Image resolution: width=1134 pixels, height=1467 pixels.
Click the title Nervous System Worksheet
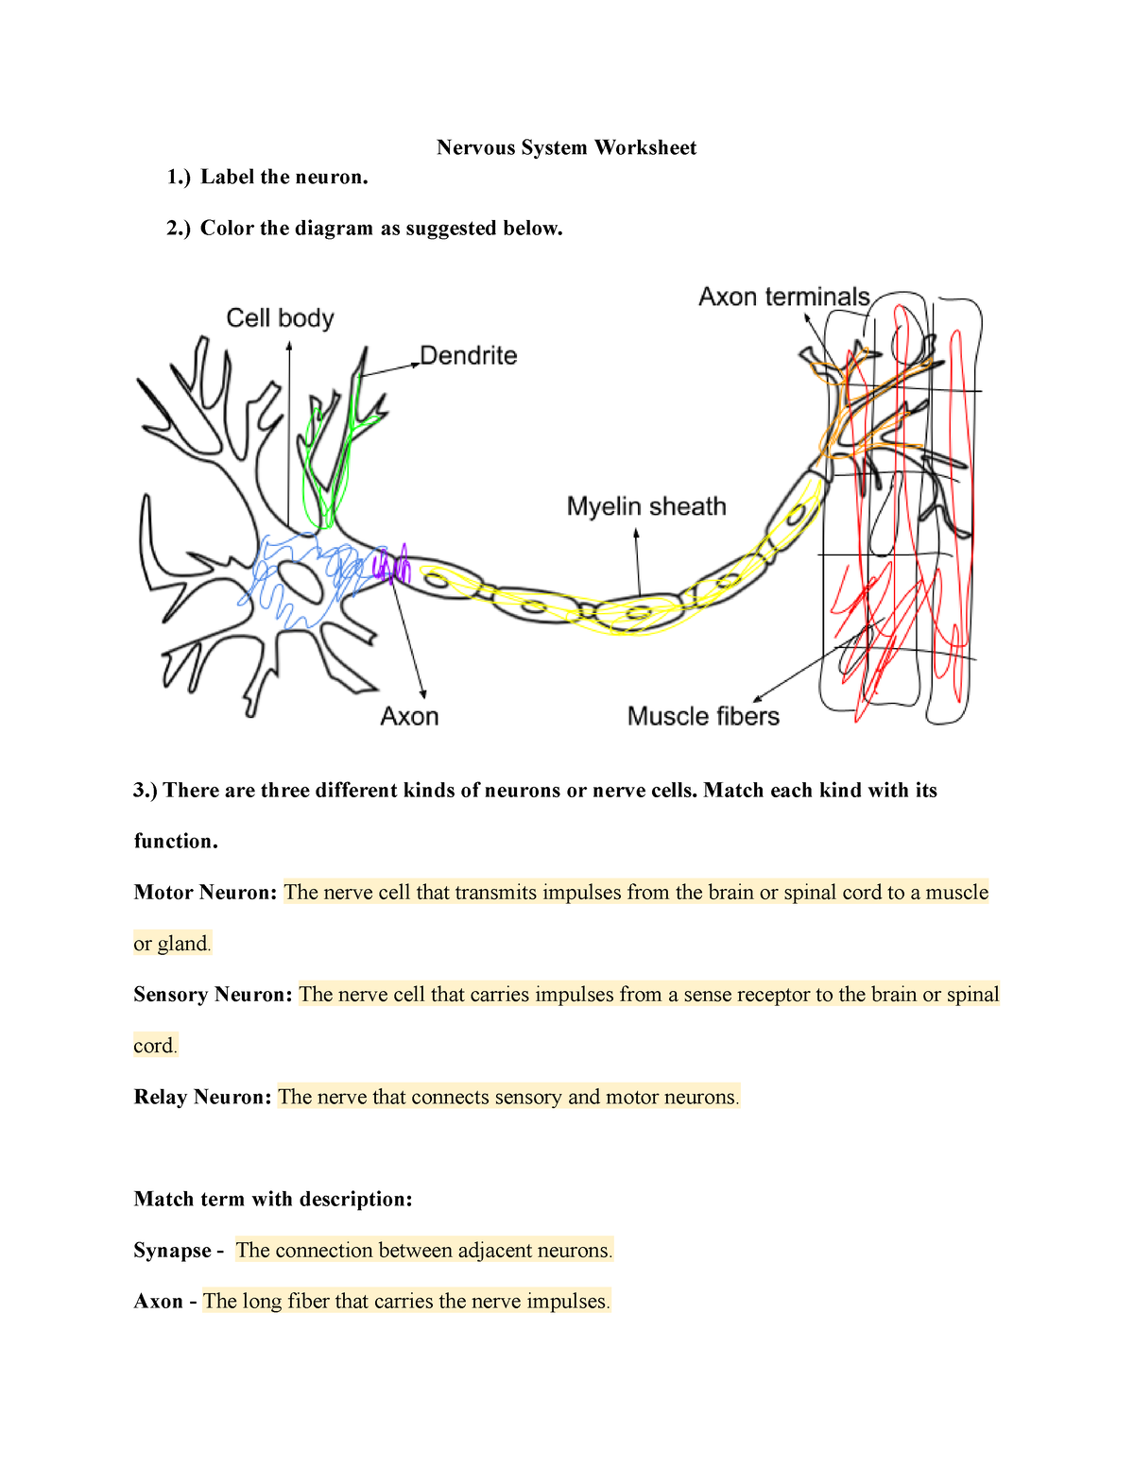click(566, 147)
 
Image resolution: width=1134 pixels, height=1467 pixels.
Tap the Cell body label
click(280, 318)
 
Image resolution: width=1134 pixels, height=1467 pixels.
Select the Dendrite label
click(469, 356)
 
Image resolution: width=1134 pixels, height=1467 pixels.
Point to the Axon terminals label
click(783, 297)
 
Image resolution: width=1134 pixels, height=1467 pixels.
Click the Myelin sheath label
click(646, 507)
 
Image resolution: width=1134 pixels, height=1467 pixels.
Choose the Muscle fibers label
click(703, 716)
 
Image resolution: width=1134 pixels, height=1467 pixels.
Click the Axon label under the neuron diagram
click(409, 717)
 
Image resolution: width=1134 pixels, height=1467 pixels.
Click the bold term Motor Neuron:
click(205, 893)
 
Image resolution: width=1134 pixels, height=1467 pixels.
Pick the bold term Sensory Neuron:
click(213, 995)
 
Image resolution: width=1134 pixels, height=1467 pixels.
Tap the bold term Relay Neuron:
click(202, 1097)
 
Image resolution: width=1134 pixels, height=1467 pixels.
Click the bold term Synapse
click(173, 1251)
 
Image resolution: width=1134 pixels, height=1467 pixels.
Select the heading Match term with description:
click(273, 1199)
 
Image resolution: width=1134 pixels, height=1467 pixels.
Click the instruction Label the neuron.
click(283, 177)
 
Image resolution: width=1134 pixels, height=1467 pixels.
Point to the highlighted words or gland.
click(172, 944)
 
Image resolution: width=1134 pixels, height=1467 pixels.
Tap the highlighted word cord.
click(155, 1046)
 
